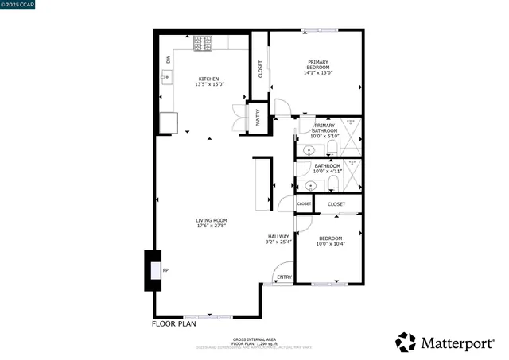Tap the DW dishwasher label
[x=169, y=60]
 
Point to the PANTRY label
[x=258, y=118]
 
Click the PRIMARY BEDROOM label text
[x=317, y=65]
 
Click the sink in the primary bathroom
[x=309, y=149]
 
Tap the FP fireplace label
[x=165, y=271]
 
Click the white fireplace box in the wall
[x=154, y=270]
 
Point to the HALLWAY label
[x=278, y=236]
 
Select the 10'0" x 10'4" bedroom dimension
[x=330, y=244]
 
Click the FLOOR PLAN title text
[x=173, y=324]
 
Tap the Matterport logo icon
[x=406, y=343]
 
